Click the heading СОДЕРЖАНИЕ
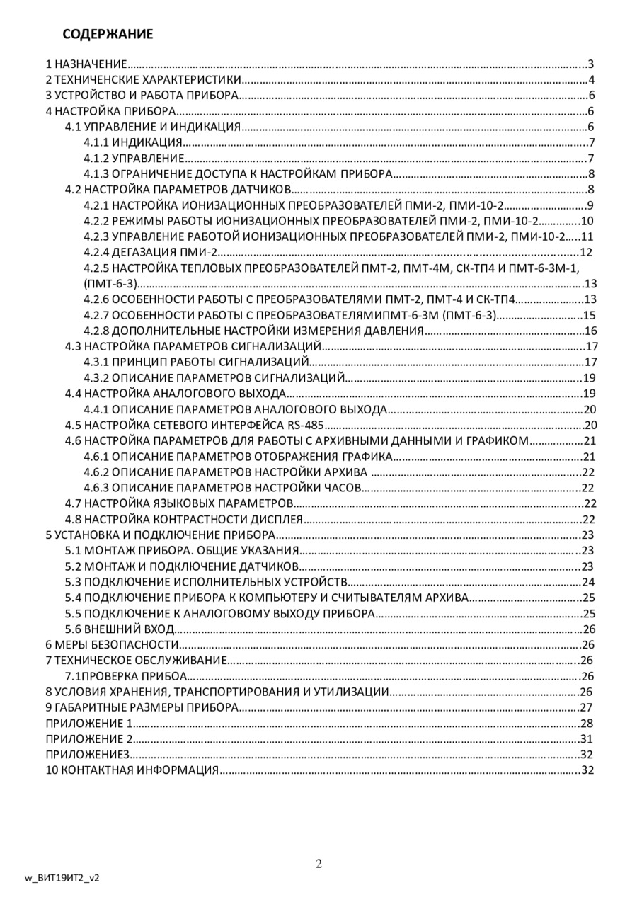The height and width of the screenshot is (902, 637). [108, 34]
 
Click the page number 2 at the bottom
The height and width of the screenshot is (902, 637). [318, 863]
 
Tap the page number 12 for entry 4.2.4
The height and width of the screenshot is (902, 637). [585, 252]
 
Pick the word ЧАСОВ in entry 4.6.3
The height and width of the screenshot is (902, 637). [343, 488]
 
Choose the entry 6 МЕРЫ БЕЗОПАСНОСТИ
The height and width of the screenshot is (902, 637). [111, 644]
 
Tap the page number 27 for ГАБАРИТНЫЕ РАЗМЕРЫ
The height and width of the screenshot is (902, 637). [585, 707]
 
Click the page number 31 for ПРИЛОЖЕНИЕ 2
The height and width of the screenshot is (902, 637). [585, 738]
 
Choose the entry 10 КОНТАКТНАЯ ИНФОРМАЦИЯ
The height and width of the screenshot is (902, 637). [132, 770]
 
